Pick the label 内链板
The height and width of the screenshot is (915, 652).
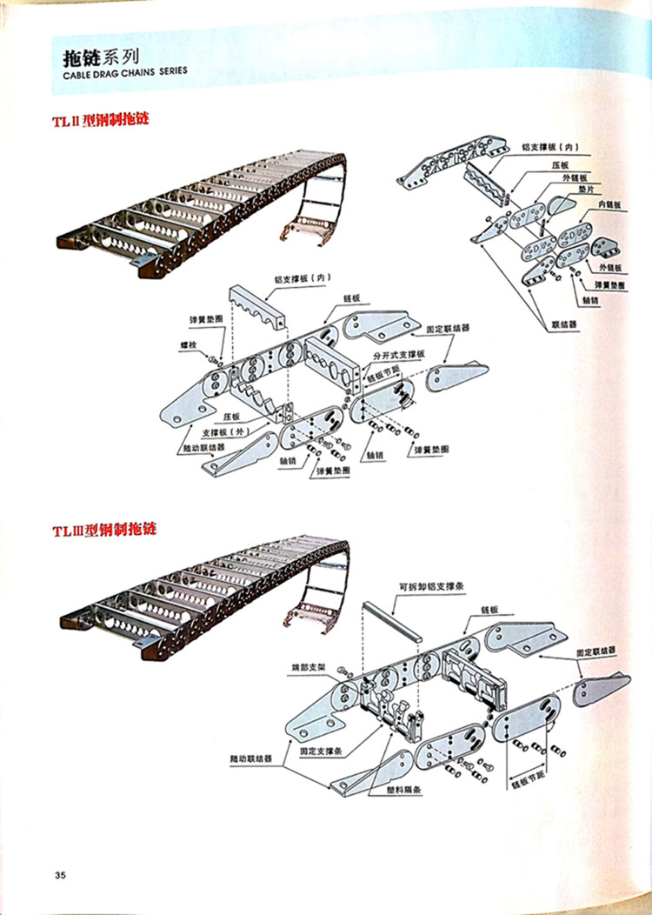point(609,204)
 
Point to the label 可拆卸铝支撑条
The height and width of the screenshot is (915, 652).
point(433,586)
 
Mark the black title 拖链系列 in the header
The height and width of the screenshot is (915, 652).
point(100,58)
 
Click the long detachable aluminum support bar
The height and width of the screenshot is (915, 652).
point(392,618)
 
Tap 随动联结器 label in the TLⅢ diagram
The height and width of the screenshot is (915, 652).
point(250,758)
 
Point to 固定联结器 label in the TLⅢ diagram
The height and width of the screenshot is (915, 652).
point(595,651)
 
